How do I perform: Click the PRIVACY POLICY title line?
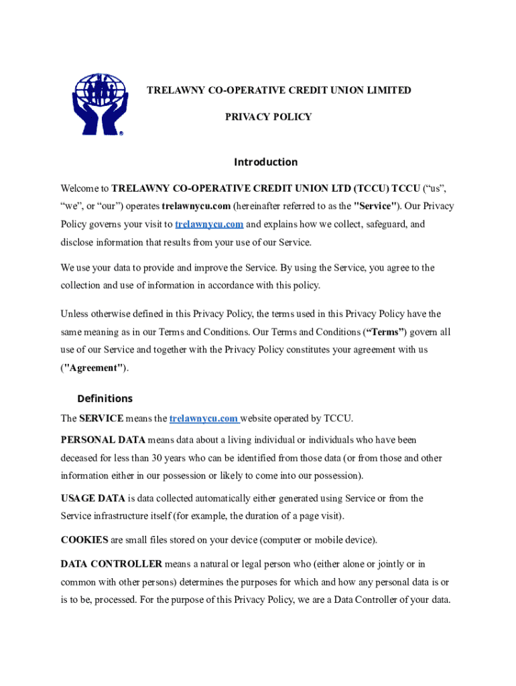coord(268,117)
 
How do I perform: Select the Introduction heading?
coord(265,162)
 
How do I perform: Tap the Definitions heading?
coord(105,399)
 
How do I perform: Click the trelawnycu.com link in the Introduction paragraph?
coord(208,224)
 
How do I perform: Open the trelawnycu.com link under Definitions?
coord(204,419)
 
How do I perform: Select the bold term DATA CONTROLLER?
coord(111,564)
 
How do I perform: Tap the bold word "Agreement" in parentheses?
coord(94,368)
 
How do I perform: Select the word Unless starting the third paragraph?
coord(75,314)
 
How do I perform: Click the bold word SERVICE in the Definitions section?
coord(101,419)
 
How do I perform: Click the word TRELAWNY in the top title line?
coord(174,90)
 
